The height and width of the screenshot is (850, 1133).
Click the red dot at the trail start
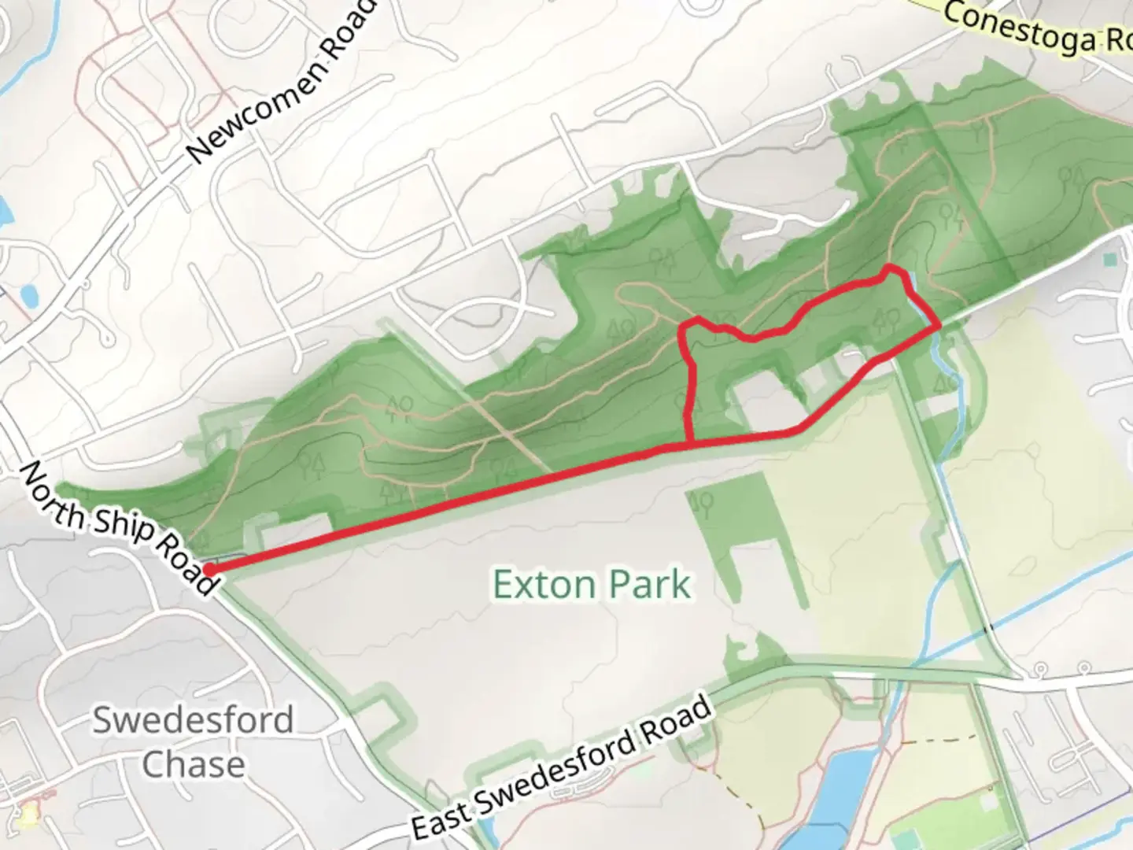(210, 569)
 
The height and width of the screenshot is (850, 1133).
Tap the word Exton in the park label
(543, 585)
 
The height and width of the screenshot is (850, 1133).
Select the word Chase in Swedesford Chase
(194, 764)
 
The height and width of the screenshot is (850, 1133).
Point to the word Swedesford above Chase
(193, 720)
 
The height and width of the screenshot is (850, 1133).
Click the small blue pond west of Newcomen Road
(29, 296)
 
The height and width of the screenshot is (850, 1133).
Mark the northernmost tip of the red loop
(891, 268)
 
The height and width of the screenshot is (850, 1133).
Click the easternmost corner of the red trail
(939, 324)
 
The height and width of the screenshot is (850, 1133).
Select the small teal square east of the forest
(1110, 259)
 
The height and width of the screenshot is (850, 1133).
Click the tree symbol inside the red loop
(888, 319)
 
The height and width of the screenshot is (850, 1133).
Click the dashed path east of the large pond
(940, 741)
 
